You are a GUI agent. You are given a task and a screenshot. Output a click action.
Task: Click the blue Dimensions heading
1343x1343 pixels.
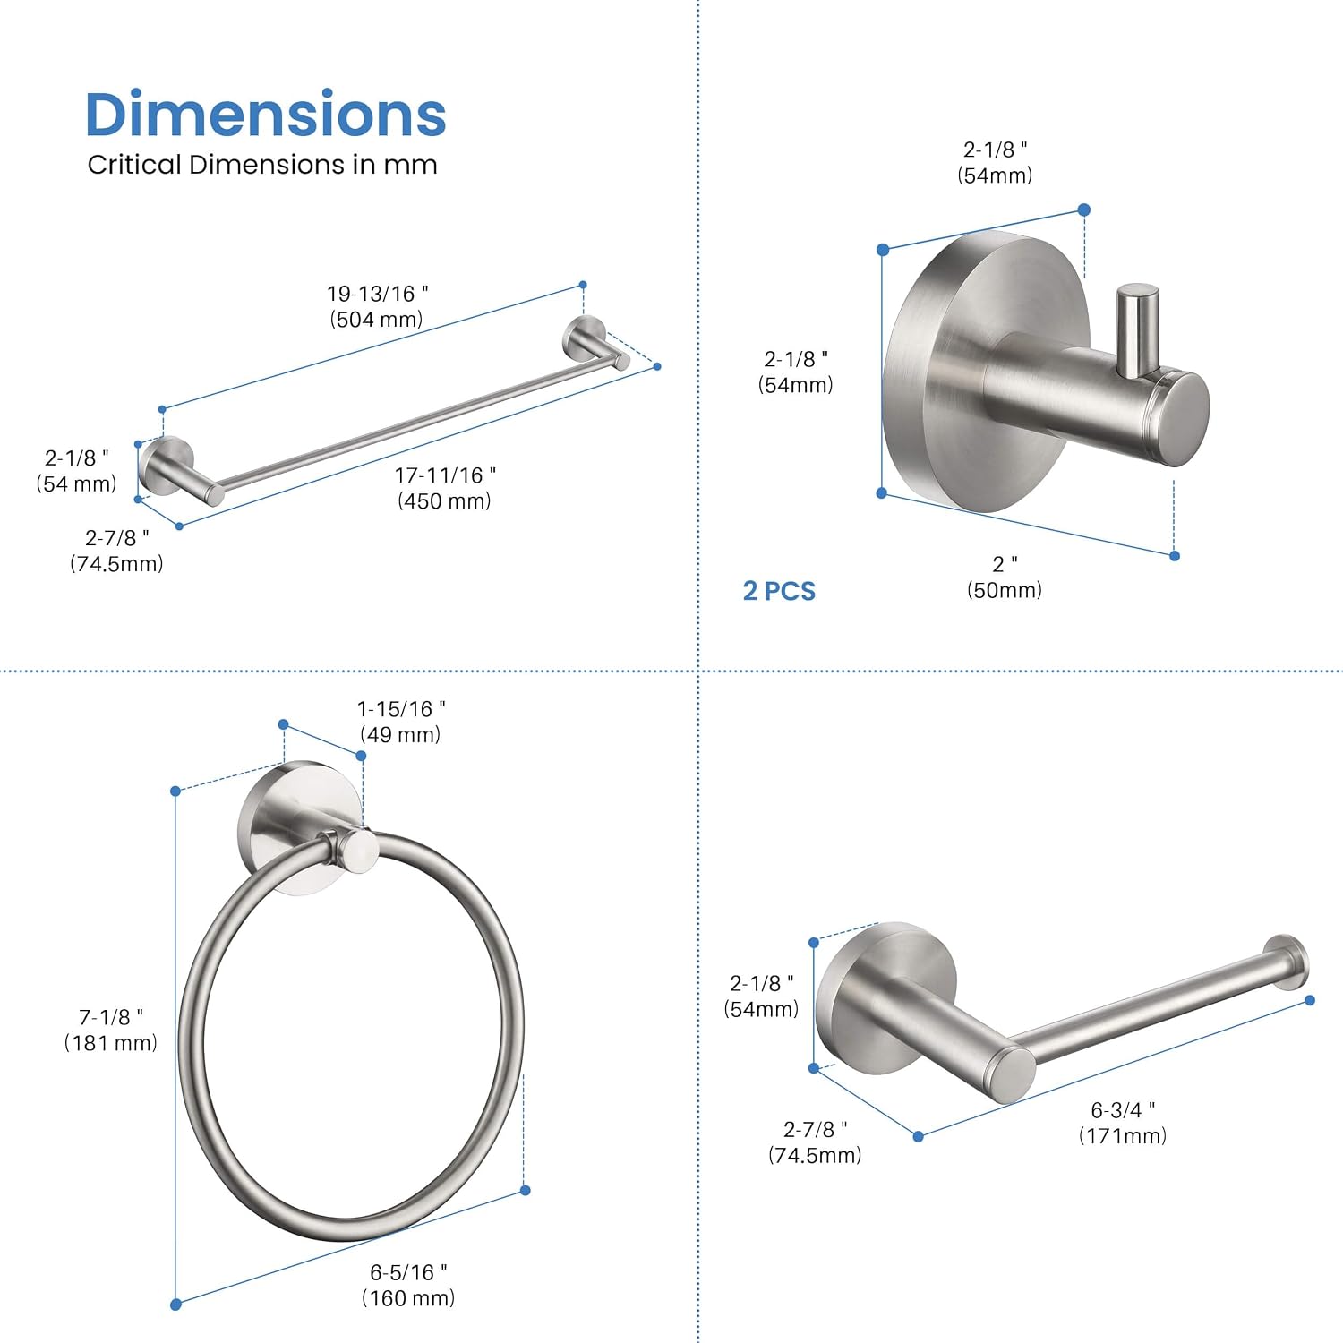(x=265, y=115)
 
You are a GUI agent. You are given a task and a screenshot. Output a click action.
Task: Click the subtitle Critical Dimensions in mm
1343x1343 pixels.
(x=262, y=165)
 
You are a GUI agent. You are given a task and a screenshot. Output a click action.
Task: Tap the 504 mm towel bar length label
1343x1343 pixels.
(x=377, y=306)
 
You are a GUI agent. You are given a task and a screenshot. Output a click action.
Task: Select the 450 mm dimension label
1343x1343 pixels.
(x=445, y=488)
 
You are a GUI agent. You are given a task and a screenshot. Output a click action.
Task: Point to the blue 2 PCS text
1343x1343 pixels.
(x=779, y=591)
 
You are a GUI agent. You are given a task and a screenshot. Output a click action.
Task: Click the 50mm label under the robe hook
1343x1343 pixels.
(x=1005, y=577)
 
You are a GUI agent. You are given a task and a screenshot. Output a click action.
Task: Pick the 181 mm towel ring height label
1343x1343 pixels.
(x=110, y=1030)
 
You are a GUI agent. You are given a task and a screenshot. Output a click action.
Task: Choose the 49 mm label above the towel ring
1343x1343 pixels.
(x=400, y=722)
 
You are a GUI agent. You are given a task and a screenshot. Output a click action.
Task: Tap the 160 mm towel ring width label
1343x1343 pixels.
(x=408, y=1285)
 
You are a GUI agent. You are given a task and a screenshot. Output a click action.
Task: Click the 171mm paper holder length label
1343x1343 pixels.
(x=1123, y=1123)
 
